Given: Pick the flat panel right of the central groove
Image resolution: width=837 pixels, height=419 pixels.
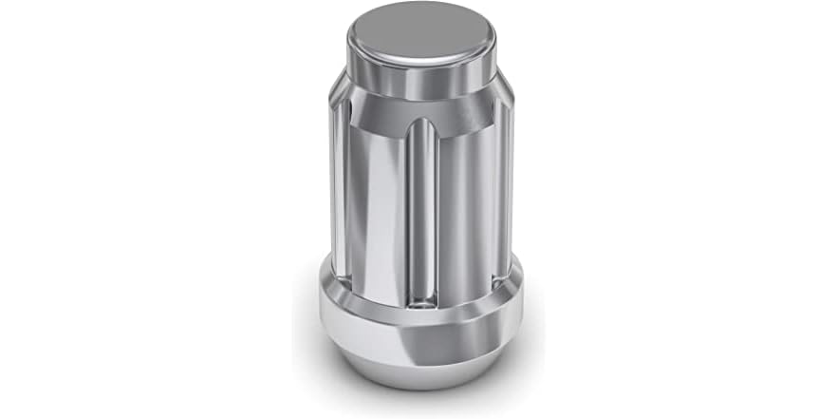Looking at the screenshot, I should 465,209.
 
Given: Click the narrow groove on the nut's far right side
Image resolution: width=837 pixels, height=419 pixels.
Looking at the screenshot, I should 505,190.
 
